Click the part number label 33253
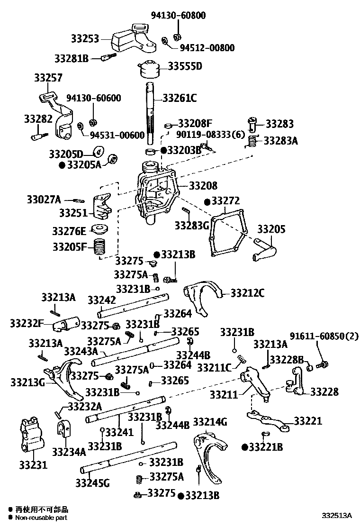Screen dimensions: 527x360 84,39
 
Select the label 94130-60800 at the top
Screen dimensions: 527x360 178,16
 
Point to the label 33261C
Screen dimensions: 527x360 180,99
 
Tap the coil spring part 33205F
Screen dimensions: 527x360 100,247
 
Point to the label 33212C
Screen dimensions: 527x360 248,293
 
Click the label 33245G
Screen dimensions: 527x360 92,483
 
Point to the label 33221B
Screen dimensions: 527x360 266,447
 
